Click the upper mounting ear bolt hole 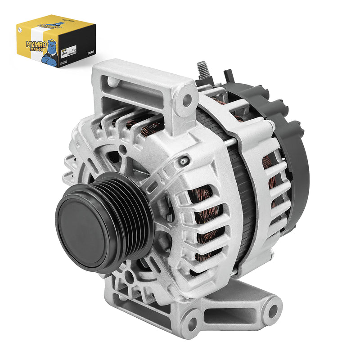coord(187,100)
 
